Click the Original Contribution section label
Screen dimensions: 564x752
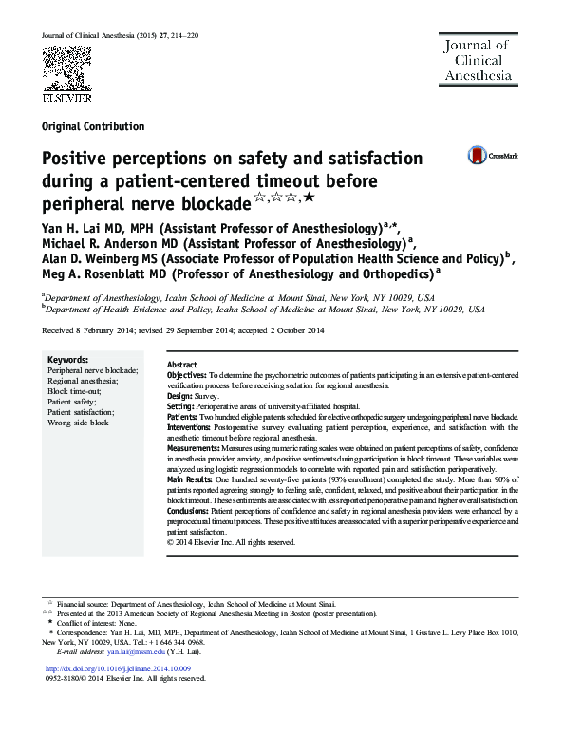[93, 126]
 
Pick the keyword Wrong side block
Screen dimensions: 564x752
[78, 422]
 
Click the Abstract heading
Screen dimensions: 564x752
[181, 365]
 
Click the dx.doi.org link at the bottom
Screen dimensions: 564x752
[125, 668]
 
